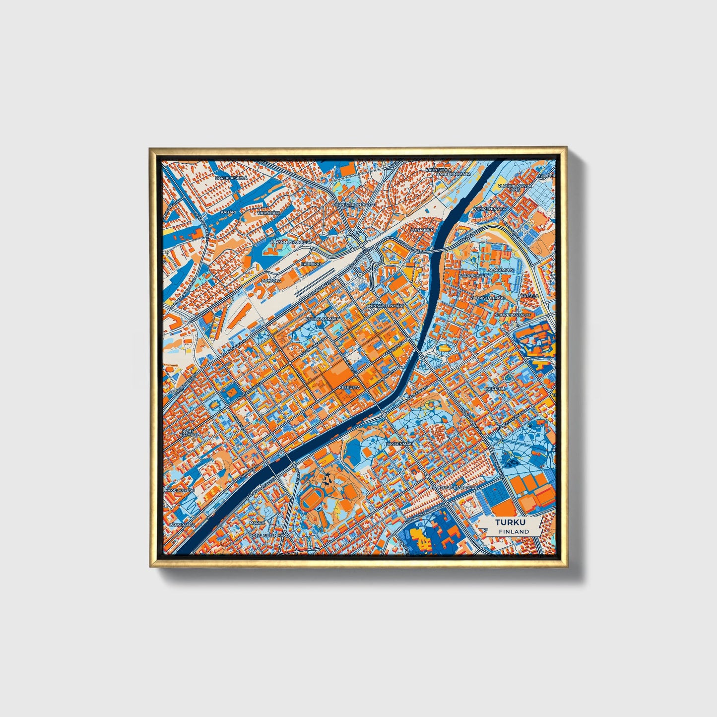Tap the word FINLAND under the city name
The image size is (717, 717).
pos(514,531)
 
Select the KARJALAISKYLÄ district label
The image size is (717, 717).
pos(231,177)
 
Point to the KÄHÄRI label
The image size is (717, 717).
pos(228,212)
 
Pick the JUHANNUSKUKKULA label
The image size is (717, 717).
pos(290,242)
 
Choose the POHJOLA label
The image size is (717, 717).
pos(271,280)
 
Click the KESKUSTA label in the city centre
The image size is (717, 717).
pos(349,387)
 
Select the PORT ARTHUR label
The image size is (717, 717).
pos(190,433)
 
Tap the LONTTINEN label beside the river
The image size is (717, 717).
pos(422,230)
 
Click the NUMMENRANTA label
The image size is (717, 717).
pos(489,209)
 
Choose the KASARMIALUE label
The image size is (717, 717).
pos(474,274)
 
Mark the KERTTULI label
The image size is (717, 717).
pos(497,388)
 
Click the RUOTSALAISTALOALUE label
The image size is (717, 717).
pos(453,487)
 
